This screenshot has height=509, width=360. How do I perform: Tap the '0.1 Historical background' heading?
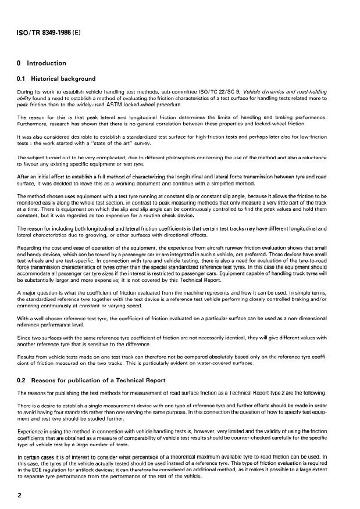56,78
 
